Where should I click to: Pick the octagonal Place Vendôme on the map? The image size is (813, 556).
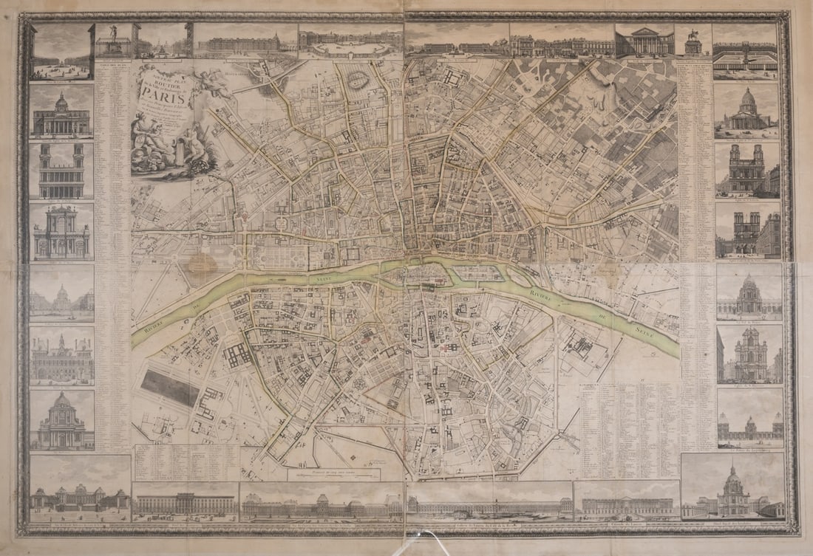(x=282, y=222)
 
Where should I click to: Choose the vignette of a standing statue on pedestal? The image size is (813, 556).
(x=113, y=41)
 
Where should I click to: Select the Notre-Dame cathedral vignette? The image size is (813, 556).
(x=747, y=230)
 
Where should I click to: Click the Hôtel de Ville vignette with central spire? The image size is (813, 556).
(x=62, y=357)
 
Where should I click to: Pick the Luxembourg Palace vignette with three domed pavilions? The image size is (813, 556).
(x=749, y=426)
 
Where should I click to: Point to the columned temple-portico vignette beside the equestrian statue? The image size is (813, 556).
(x=644, y=41)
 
